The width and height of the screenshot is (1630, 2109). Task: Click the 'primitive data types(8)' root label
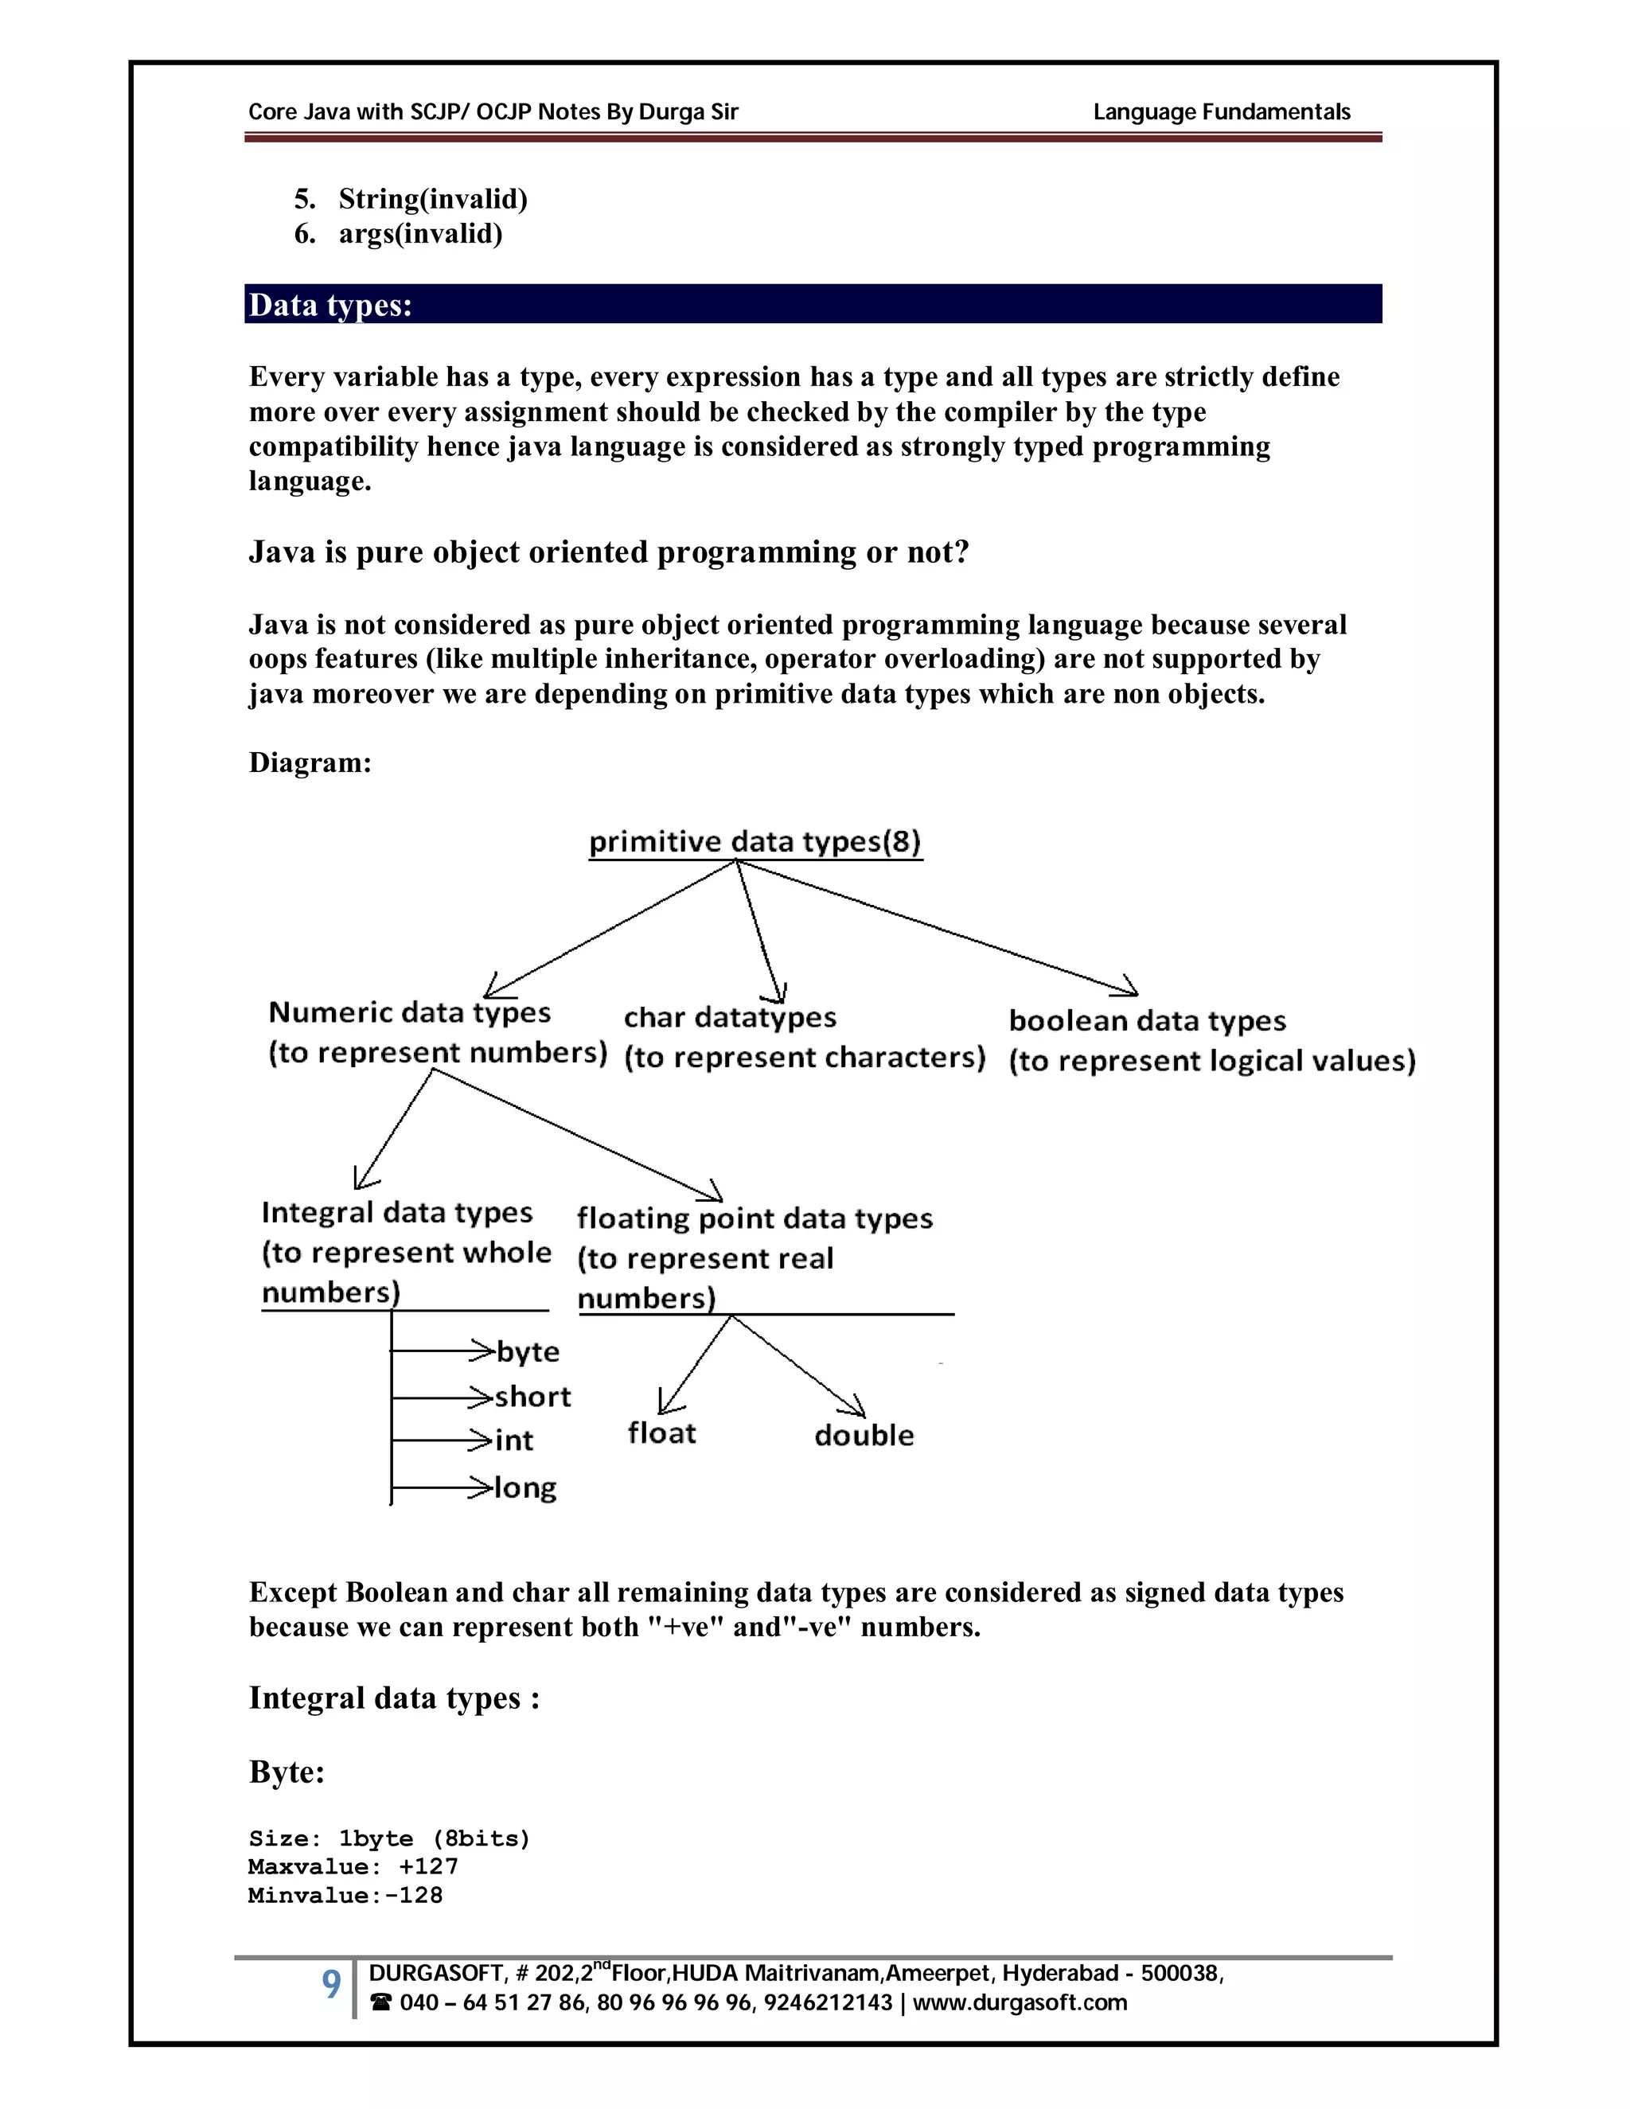coord(755,841)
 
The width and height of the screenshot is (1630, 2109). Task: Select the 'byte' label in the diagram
coord(527,1351)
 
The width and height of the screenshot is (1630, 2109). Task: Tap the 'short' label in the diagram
coord(532,1397)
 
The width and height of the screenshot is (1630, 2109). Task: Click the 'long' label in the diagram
coord(525,1487)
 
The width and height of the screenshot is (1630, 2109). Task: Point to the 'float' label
coord(661,1433)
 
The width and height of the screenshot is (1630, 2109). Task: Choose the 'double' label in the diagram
coord(864,1435)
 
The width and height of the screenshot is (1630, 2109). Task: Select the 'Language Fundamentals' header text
coord(1221,112)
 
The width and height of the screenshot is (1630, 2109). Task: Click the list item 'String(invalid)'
coord(431,199)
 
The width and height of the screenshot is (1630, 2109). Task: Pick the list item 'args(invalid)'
coord(420,234)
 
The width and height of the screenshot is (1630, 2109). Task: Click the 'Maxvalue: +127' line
coord(353,1866)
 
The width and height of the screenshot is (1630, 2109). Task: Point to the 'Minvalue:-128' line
coord(345,1895)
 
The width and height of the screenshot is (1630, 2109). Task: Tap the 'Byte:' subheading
coord(287,1772)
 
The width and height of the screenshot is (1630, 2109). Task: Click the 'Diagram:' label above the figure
coord(310,763)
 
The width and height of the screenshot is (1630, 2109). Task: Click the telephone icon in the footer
coord(380,2003)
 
